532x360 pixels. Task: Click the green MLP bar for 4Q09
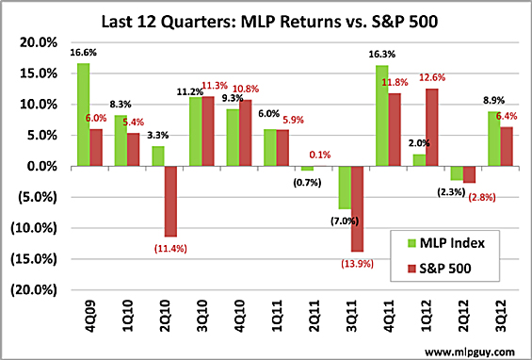(x=84, y=115)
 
